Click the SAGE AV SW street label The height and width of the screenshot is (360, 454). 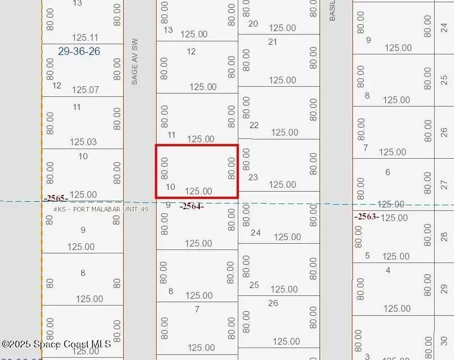134,62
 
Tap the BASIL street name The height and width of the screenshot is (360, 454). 333,10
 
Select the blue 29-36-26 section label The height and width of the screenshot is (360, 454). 79,51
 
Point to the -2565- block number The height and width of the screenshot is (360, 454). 57,198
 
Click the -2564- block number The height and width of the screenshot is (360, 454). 191,206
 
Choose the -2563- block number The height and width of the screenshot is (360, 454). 367,216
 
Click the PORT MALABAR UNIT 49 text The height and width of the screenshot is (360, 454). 100,209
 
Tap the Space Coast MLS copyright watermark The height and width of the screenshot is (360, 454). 56,344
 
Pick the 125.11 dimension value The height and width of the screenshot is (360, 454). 85,37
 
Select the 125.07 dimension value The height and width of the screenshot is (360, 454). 85,90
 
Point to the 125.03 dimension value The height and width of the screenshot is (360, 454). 83,142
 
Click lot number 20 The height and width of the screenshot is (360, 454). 253,23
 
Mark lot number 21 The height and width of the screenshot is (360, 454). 273,41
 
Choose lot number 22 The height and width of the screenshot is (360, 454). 254,125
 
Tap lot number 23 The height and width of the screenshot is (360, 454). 253,177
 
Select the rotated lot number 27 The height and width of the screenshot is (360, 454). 444,185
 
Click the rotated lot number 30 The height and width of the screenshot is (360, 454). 444,342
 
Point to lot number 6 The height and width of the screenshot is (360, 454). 388,172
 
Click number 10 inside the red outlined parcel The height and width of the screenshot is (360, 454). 170,187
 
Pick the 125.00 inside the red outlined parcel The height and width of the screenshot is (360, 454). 199,191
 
